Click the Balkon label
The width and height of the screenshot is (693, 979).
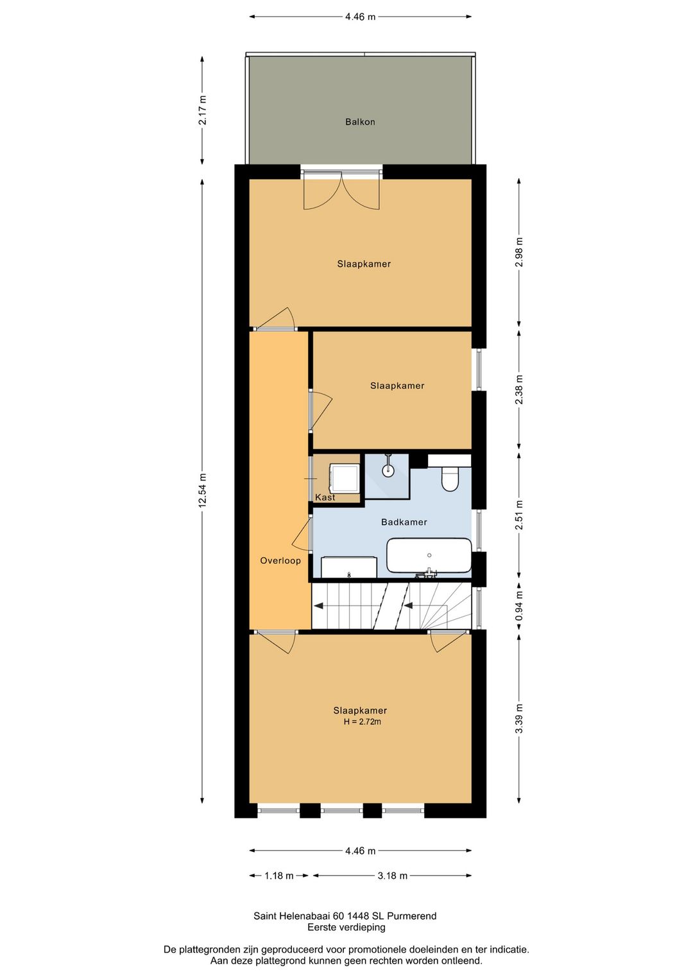pos(360,121)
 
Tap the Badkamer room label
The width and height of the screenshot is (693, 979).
pos(404,522)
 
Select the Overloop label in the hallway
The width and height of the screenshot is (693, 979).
pos(280,561)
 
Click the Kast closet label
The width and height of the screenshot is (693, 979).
pos(325,497)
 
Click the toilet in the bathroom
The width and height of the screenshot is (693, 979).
pos(449,479)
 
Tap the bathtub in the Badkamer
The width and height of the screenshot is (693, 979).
pos(429,556)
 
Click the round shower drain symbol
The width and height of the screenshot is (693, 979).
pos(388,470)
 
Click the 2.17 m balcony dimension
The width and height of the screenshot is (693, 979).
pos(202,110)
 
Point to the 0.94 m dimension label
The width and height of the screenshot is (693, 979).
pos(519,606)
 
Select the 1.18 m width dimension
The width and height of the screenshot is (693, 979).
pos(278,876)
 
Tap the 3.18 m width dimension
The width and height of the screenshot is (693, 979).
pos(392,876)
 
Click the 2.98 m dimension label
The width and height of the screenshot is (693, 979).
pos(519,252)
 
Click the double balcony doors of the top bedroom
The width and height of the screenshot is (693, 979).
pos(341,191)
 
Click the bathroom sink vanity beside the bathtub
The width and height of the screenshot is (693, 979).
pos(349,567)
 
